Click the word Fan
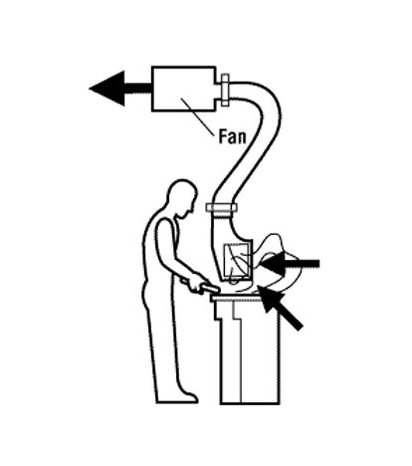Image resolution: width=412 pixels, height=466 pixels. (x=233, y=136)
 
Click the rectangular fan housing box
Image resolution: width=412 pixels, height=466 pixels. (x=183, y=89)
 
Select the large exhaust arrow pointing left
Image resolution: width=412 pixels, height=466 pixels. (x=120, y=89)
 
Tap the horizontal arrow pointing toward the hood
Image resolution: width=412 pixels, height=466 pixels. (x=289, y=264)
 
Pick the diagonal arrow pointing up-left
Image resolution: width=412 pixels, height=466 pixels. (x=280, y=308)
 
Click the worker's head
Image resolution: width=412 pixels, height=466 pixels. (x=182, y=198)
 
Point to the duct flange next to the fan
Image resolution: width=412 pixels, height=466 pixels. (x=225, y=90)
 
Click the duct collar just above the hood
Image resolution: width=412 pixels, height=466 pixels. (x=221, y=208)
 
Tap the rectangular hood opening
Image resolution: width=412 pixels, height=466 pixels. (x=236, y=261)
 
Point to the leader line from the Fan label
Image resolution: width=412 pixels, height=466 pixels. (x=197, y=116)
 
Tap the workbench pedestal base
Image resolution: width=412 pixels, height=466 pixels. (x=250, y=351)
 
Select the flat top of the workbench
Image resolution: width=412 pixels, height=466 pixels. (x=237, y=298)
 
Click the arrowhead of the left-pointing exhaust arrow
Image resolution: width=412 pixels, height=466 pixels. (x=106, y=89)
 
